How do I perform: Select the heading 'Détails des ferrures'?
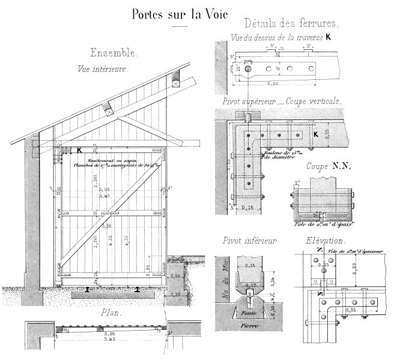[x=292, y=25]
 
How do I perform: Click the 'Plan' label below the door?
[x=112, y=313]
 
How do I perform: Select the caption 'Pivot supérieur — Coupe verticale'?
[x=282, y=101]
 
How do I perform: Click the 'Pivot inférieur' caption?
[x=247, y=242]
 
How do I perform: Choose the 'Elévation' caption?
[x=325, y=241]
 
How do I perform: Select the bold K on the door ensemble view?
[x=79, y=151]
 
